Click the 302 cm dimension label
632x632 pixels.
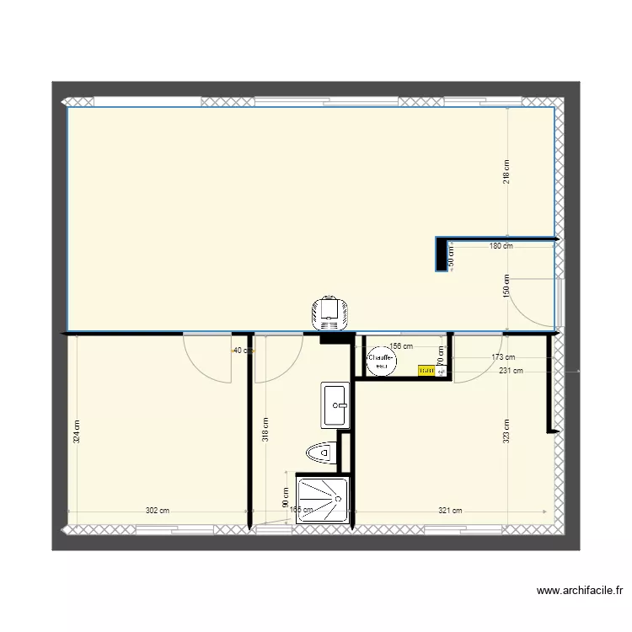(158, 511)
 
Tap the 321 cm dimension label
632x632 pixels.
(451, 511)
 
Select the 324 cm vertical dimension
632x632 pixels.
(76, 431)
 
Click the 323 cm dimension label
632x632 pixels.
(506, 431)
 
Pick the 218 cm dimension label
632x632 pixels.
(506, 172)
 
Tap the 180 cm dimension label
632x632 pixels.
(501, 246)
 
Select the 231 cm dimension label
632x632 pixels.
(511, 370)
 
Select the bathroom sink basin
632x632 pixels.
(335, 404)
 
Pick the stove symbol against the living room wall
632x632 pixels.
(329, 313)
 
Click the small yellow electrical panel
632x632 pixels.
(426, 370)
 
